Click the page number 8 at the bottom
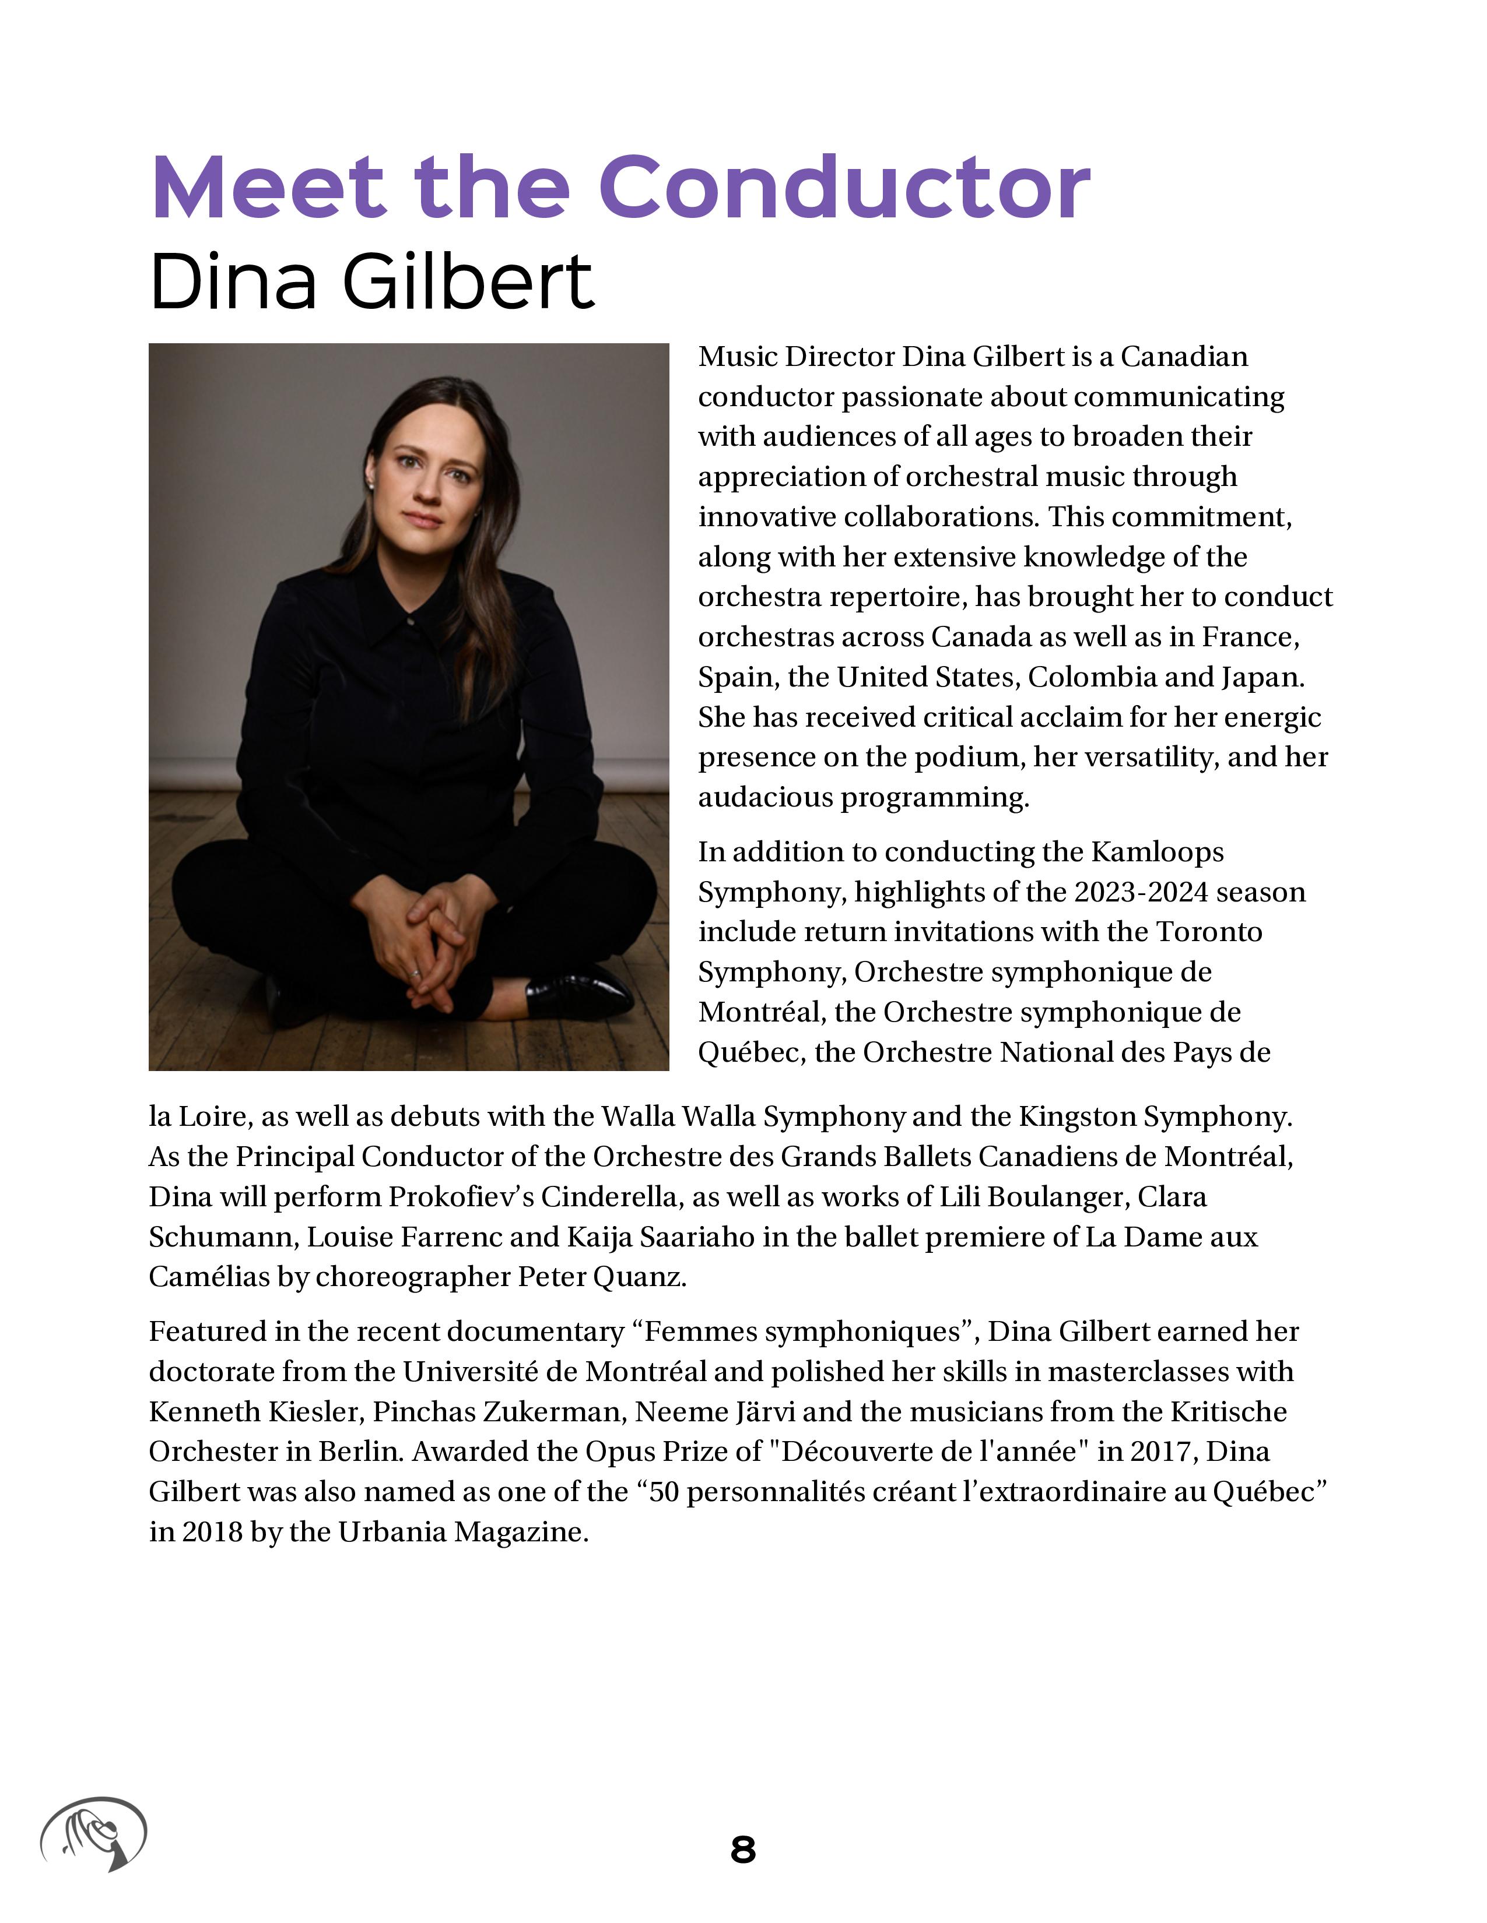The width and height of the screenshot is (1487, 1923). [742, 1849]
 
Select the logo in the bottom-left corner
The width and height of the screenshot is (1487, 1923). [93, 1833]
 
